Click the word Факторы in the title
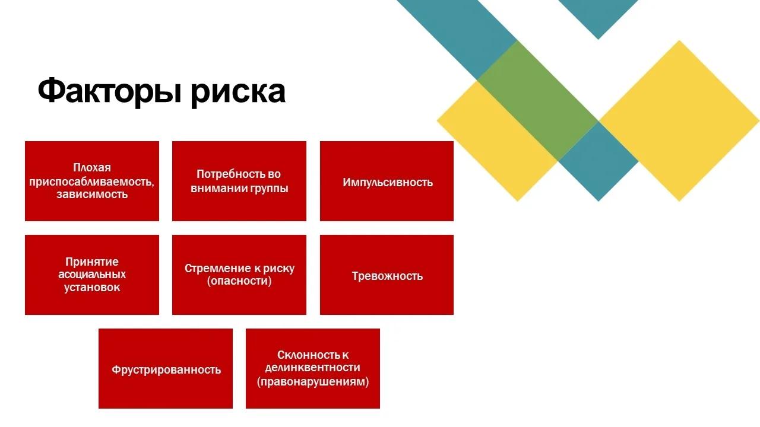[110, 91]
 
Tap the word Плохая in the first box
[92, 167]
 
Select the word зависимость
[92, 194]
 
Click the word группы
[268, 189]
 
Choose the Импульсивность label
[388, 182]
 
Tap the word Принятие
[92, 262]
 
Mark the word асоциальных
[92, 274]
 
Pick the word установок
[92, 288]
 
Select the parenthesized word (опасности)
[239, 281]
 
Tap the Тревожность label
[387, 276]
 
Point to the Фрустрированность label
[166, 369]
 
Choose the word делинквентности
[312, 368]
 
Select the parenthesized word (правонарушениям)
[313, 382]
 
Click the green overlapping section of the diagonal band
[538, 100]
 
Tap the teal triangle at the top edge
[598, 15]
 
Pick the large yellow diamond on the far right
[679, 120]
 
